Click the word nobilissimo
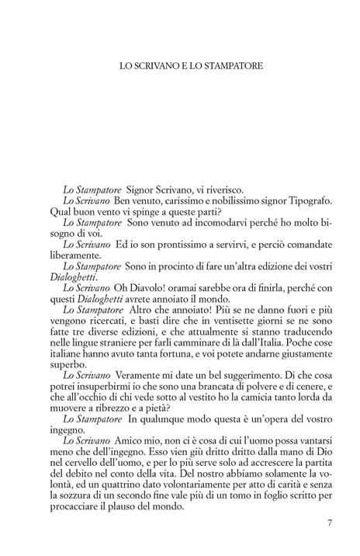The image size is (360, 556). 216,200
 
